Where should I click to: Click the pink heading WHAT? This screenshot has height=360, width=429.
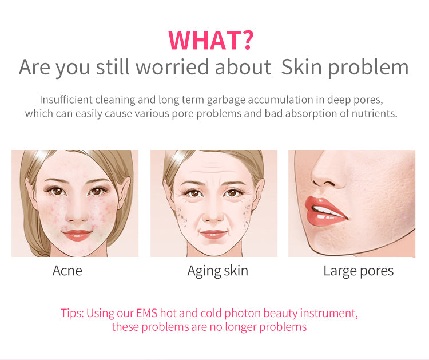point(211,40)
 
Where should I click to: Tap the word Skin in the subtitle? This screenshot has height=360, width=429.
point(301,67)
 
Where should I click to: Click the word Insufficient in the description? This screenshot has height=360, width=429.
point(66,100)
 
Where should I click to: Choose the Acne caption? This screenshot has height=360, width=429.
point(67,271)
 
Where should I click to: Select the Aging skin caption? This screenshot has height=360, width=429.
point(218,271)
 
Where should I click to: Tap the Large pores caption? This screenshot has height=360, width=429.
point(359,271)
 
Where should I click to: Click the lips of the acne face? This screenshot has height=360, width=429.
point(77,235)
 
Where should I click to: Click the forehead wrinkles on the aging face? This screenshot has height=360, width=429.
point(213,171)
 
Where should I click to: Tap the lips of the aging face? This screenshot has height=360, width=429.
point(213,234)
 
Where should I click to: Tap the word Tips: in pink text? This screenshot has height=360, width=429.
point(72,313)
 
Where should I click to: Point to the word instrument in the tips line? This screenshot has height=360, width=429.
point(329,313)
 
